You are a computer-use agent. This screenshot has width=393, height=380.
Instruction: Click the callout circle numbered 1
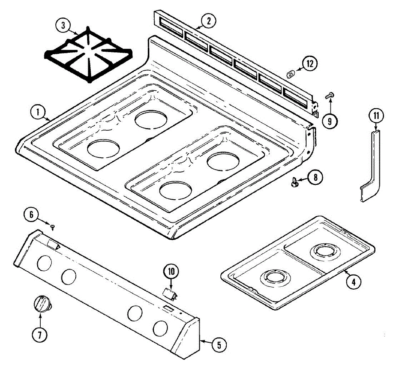click(38, 113)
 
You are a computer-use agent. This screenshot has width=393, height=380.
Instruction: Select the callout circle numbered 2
click(209, 21)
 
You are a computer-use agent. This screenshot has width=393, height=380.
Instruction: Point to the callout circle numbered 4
click(353, 282)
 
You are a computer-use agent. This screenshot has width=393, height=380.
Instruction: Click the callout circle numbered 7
click(40, 335)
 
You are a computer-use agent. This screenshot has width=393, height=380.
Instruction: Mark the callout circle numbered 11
click(376, 116)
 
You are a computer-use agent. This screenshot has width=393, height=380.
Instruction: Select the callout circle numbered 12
click(310, 64)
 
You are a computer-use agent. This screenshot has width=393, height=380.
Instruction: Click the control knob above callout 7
click(43, 304)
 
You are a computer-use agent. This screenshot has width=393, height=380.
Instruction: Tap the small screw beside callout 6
click(53, 227)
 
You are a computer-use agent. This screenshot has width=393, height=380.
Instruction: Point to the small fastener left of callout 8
click(294, 181)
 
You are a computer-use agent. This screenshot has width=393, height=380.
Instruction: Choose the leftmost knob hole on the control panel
click(44, 263)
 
